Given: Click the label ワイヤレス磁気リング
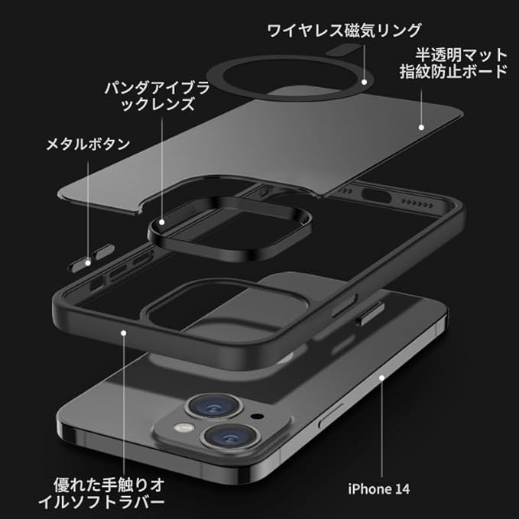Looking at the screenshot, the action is (x=344, y=31).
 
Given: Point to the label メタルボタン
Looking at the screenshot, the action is (x=88, y=143).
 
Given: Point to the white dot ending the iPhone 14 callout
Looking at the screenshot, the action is (x=381, y=377).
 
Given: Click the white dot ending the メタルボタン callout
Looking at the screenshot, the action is (x=89, y=262).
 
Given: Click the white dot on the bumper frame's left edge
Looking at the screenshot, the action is (x=124, y=330).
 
